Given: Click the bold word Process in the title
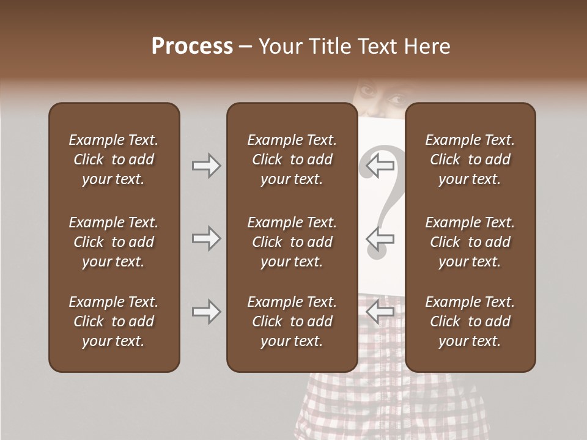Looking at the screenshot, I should (x=192, y=46).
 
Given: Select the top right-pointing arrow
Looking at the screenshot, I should (x=206, y=166).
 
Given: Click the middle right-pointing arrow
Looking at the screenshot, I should (x=206, y=238).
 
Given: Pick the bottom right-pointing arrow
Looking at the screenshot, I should (x=206, y=312).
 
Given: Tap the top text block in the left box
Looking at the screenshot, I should (x=114, y=159).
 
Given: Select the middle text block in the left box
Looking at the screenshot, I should (x=114, y=242).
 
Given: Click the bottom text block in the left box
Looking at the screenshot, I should (x=114, y=321).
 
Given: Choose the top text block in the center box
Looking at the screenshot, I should (x=292, y=159).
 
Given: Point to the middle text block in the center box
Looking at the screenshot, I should (x=292, y=242).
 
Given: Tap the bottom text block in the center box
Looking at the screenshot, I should (x=292, y=321).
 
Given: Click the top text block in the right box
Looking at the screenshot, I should (x=470, y=159).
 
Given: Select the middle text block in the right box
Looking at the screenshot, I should (x=470, y=242).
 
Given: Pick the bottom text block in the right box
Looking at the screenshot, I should (x=470, y=321).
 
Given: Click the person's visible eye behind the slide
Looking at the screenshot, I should (x=394, y=98).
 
